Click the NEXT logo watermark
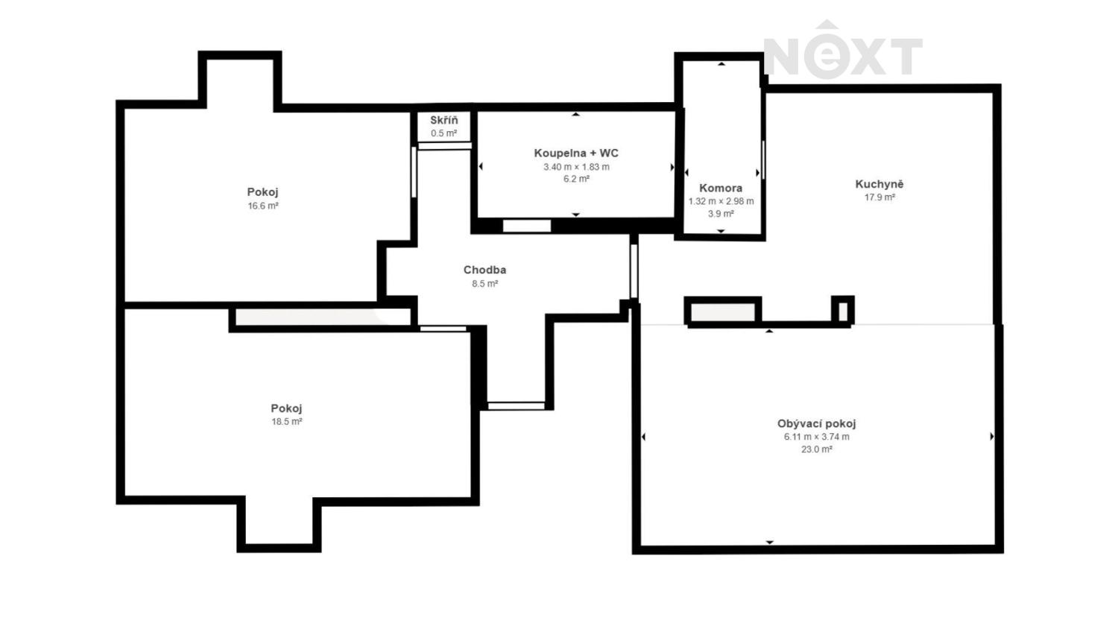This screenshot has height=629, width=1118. pos(842,51)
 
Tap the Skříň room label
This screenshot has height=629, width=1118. pos(443,120)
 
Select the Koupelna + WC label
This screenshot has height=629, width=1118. pos(576,154)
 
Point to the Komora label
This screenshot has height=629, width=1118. pos(721,189)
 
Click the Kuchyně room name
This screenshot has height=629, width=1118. pos(879,184)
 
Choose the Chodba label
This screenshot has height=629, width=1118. pos(484,270)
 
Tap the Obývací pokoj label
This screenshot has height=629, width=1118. pos(817,424)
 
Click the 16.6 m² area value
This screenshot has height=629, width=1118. pos(263,206)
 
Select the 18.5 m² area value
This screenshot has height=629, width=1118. pos(287,421)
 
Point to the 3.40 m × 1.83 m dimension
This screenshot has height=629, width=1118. pos(576,167)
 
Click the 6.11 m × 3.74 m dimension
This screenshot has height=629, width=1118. pos(817,437)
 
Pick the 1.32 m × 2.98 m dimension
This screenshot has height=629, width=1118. pos(721,201)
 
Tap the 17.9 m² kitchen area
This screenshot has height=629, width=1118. pos(880,197)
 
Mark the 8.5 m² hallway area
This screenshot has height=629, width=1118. pos(485,283)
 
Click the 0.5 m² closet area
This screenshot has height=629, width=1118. pos(444,133)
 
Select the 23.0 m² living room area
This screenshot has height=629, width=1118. pos(817,449)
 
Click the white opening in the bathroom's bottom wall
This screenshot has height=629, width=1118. pos(526,226)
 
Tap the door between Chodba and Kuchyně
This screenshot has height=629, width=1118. pos(634,271)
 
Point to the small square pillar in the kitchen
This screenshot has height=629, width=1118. pos(843,311)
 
